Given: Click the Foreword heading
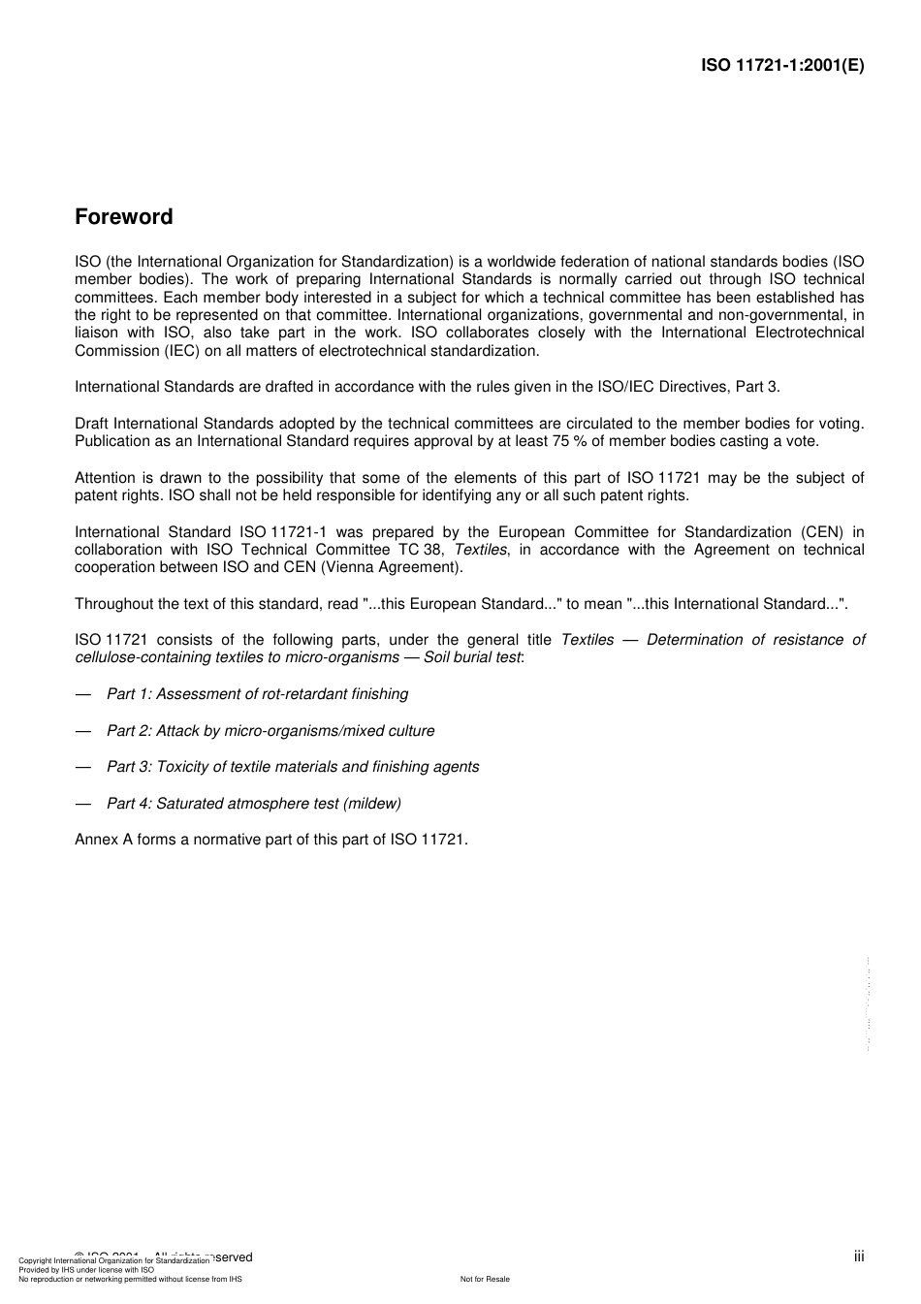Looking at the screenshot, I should click(x=123, y=217).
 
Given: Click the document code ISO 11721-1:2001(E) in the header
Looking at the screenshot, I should click(x=782, y=66).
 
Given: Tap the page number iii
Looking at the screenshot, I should click(x=858, y=1256).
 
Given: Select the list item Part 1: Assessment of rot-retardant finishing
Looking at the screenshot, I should click(x=257, y=694).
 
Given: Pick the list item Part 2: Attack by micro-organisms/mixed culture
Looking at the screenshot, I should click(x=270, y=731).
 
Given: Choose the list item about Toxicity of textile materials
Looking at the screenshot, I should click(x=293, y=767).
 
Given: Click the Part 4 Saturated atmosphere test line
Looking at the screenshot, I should click(x=253, y=804).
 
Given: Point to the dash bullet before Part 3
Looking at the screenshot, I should click(x=83, y=767).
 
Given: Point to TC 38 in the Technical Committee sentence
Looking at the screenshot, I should click(x=421, y=550).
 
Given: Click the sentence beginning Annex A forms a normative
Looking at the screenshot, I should click(x=271, y=840).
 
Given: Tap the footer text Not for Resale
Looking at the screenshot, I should click(x=485, y=1279).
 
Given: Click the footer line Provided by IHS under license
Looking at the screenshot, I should click(x=86, y=1270).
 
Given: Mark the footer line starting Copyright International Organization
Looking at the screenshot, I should click(x=113, y=1261).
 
